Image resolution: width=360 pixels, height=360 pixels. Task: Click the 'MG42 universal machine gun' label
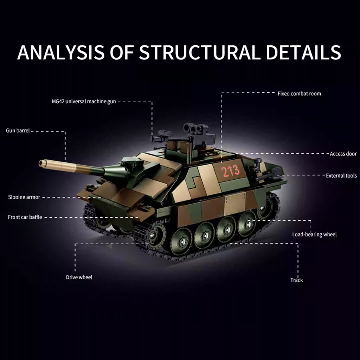[x=84, y=102]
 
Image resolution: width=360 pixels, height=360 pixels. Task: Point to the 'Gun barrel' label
[x=18, y=131]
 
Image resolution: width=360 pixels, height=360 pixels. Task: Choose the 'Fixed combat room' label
[x=299, y=94]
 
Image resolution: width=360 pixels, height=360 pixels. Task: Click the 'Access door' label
[x=343, y=154]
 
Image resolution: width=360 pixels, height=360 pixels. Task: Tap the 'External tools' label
[x=341, y=176]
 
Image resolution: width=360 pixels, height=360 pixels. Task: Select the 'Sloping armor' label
[x=24, y=197]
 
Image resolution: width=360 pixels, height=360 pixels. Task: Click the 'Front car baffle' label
[x=25, y=217]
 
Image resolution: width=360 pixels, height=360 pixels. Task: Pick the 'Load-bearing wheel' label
[x=314, y=234]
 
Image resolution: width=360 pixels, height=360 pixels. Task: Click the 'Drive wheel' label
[x=79, y=277]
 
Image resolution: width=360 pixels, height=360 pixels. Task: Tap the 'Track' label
[x=297, y=280]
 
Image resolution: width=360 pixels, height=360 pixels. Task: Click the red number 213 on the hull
[x=230, y=171]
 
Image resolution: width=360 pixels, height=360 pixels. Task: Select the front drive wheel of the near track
[x=156, y=234]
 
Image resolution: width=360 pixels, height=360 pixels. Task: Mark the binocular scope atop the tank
[x=195, y=129]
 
